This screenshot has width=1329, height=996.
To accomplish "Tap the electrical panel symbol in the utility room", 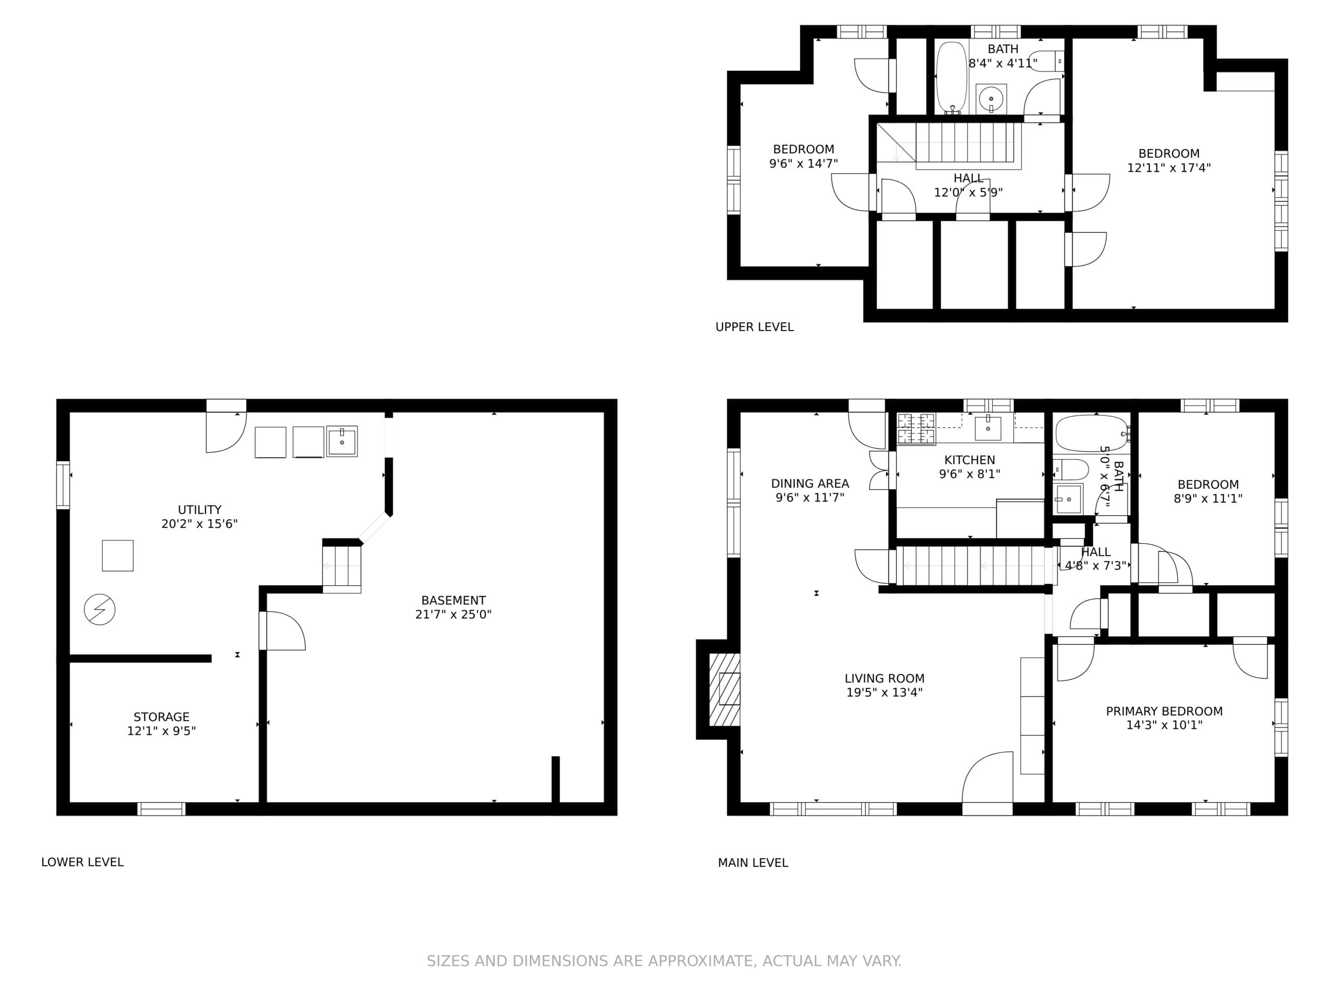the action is click(x=100, y=610).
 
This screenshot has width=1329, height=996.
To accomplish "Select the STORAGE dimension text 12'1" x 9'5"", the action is click(x=161, y=730).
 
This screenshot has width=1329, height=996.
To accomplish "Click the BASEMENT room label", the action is click(x=454, y=600).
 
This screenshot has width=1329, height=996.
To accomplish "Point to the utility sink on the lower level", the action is click(x=342, y=441).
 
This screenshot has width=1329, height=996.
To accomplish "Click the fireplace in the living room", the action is click(x=725, y=689).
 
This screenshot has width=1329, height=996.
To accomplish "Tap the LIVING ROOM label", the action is click(x=885, y=679).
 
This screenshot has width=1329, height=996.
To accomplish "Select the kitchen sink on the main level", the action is click(x=988, y=428).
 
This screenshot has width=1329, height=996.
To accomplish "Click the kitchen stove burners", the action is click(x=916, y=428).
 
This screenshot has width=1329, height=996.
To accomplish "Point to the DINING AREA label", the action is click(x=810, y=483).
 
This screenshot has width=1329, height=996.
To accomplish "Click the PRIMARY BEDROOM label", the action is click(x=1164, y=711).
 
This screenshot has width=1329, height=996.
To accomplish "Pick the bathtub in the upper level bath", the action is click(x=952, y=76).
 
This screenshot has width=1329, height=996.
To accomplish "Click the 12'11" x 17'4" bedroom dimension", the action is click(x=1169, y=168).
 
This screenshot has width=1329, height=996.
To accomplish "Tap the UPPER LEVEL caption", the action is click(x=755, y=327).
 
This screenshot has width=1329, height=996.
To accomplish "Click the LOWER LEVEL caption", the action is click(x=83, y=862).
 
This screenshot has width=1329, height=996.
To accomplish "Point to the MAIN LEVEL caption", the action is click(x=753, y=863).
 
